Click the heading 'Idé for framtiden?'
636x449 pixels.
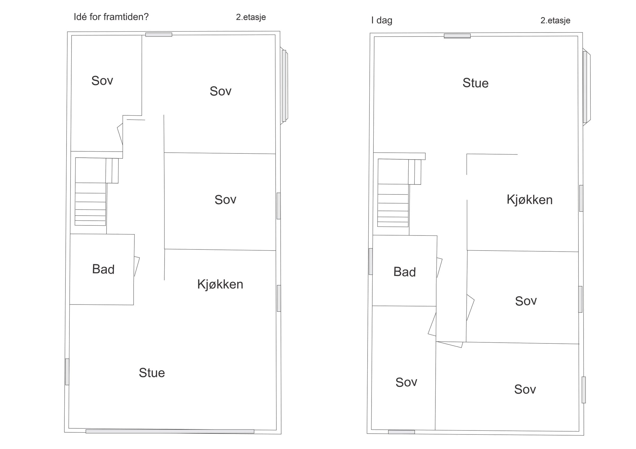(x=111, y=17)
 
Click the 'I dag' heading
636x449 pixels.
(x=382, y=20)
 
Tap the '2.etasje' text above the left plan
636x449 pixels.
(x=251, y=17)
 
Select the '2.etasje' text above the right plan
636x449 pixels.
(x=555, y=20)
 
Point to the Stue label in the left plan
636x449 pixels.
(x=152, y=373)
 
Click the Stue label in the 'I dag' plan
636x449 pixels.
(x=475, y=83)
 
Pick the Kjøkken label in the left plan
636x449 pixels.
(x=220, y=284)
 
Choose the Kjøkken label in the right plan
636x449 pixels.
(x=530, y=199)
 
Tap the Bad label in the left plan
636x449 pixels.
(x=103, y=269)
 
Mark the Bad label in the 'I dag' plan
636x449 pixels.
(x=404, y=272)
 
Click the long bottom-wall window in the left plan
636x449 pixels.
(x=170, y=431)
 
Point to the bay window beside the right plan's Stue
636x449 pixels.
(x=586, y=87)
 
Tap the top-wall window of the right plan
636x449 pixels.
(x=457, y=36)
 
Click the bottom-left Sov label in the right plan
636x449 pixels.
(x=406, y=382)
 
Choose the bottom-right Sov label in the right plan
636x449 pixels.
(x=525, y=389)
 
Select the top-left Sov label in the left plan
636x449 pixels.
(x=102, y=80)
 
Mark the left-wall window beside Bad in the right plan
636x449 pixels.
(x=371, y=261)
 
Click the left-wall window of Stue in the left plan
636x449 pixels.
(x=67, y=372)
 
